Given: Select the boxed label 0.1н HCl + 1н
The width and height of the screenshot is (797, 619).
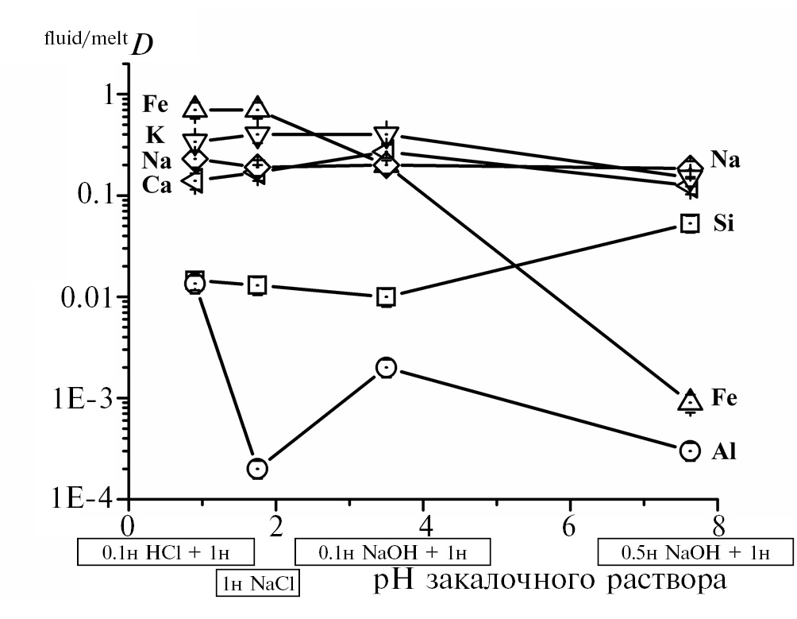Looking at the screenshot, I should (166, 551).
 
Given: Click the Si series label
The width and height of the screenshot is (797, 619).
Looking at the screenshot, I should (724, 224).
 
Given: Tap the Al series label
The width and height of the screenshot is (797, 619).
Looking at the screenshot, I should (724, 452).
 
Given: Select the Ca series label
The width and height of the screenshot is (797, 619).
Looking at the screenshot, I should (158, 184).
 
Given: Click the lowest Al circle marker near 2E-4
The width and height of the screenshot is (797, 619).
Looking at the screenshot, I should (257, 468).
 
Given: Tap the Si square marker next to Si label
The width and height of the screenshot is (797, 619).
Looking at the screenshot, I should (691, 223).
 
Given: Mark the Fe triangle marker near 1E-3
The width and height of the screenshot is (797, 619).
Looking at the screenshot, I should (691, 400).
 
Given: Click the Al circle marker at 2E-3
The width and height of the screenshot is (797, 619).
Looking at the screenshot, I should (387, 367).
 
